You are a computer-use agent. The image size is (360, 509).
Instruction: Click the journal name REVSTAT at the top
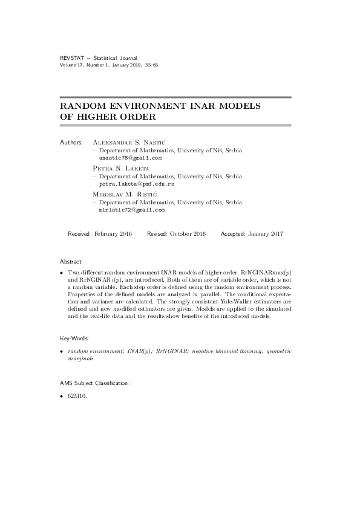[71, 58]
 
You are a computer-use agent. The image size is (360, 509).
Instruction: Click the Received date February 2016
[111, 233]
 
